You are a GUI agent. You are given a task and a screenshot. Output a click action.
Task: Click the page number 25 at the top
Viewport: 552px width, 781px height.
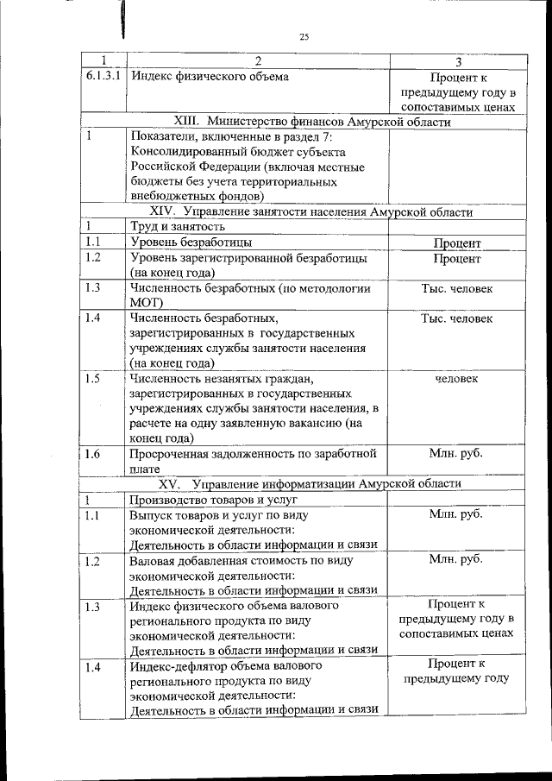pos(304,36)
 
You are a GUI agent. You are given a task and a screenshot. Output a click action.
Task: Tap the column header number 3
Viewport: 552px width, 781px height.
pos(458,61)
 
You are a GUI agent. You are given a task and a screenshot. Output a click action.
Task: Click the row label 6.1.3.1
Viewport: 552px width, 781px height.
pos(103,76)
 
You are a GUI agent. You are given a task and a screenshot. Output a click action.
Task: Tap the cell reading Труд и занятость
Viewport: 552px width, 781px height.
pos(172,227)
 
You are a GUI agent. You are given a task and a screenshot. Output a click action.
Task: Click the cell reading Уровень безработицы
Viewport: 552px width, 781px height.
pos(191,242)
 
